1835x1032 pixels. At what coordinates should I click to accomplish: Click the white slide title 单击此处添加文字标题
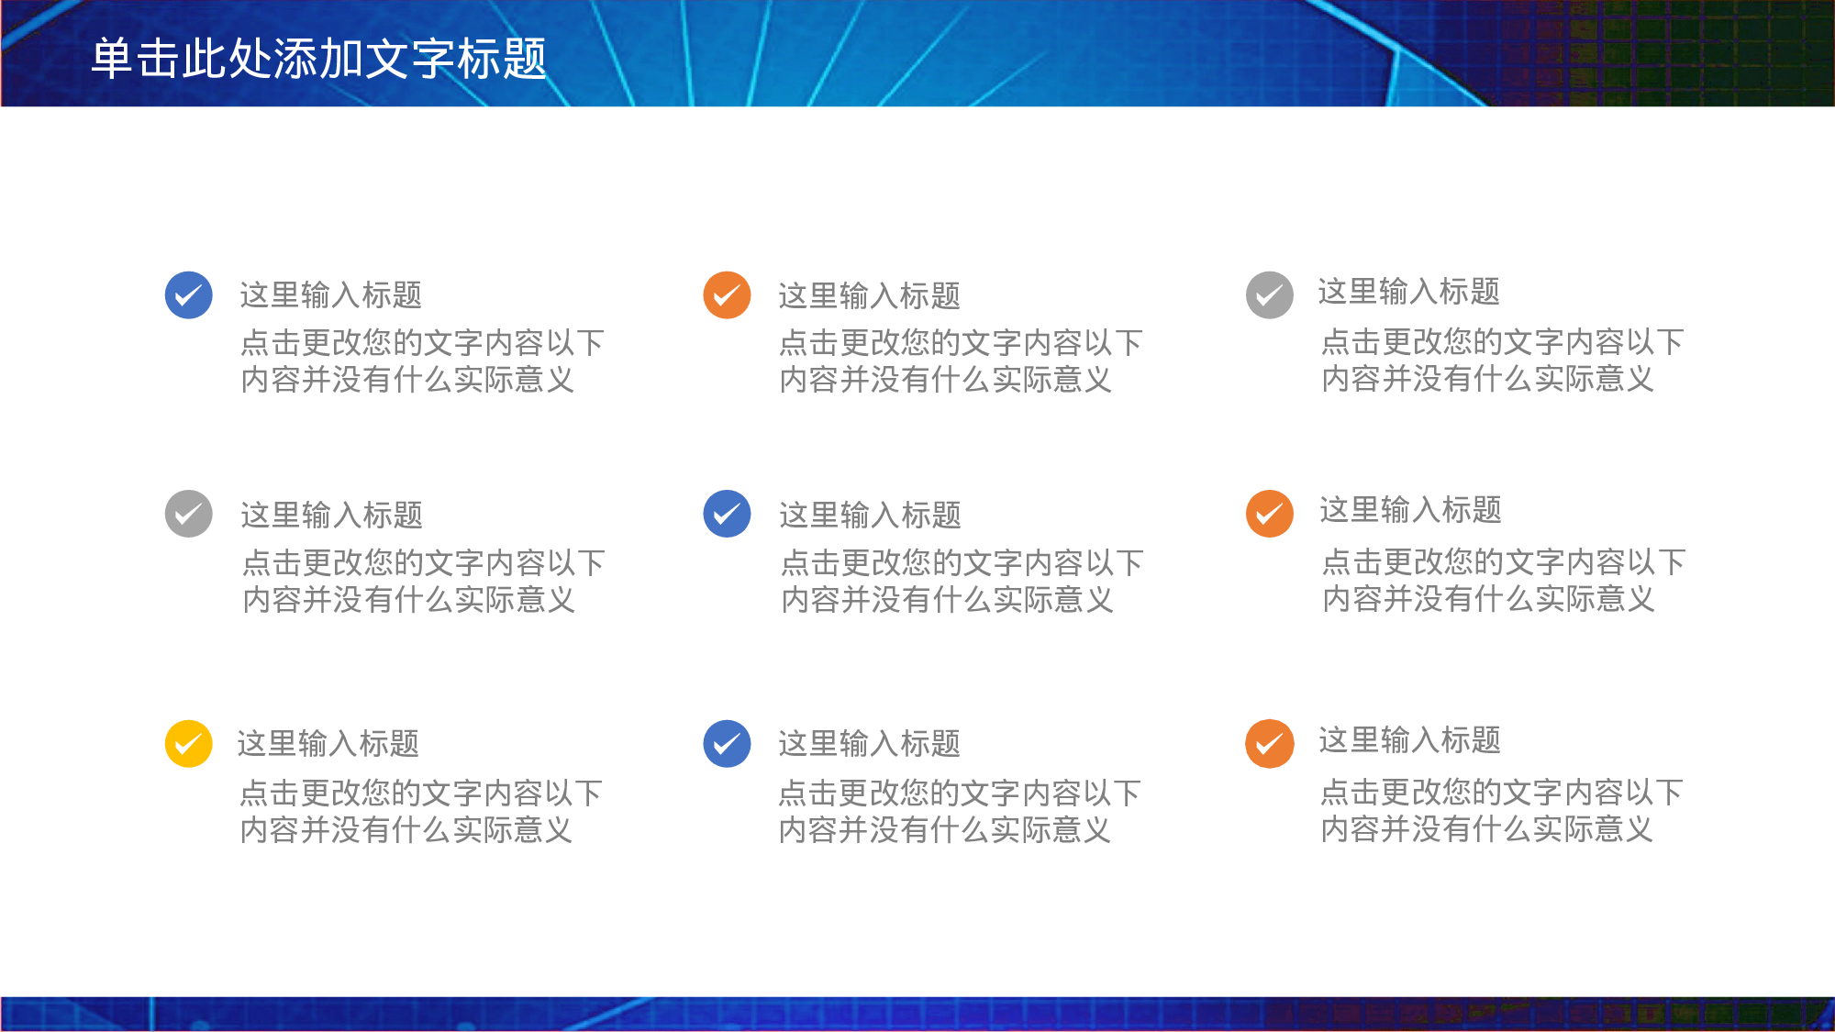point(318,59)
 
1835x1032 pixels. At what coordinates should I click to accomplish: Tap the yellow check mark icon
point(189,743)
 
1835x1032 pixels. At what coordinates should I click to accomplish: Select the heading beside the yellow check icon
point(328,743)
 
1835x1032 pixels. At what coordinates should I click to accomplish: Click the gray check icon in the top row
point(1270,295)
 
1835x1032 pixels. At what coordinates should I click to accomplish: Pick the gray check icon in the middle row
point(189,514)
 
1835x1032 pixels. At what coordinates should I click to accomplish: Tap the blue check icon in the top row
point(189,295)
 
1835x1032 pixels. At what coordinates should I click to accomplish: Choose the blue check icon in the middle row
point(727,514)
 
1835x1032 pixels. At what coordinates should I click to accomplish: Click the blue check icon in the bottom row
point(727,743)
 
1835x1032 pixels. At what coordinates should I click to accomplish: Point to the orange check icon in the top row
point(727,295)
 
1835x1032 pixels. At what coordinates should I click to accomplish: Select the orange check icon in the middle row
point(1270,514)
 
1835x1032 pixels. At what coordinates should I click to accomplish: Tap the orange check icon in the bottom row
point(1270,743)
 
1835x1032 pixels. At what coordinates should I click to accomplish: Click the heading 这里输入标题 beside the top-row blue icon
point(330,295)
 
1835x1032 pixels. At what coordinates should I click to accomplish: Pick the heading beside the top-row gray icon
point(1408,292)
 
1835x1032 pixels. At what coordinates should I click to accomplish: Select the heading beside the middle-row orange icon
point(1410,510)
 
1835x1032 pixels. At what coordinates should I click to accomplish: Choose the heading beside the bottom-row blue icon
point(869,743)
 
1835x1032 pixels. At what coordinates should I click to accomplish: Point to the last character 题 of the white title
point(525,59)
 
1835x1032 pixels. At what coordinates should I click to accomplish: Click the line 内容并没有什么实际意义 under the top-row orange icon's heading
point(945,380)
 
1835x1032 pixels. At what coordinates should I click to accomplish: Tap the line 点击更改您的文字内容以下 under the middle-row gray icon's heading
point(423,562)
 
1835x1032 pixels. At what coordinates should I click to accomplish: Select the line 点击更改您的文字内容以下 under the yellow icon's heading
point(421,793)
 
